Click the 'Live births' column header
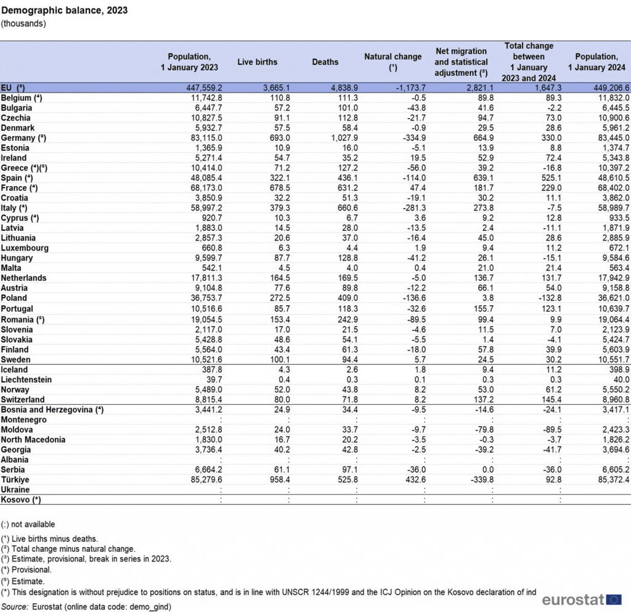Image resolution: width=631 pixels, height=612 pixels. pyautogui.click(x=257, y=62)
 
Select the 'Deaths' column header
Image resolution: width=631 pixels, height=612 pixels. pyautogui.click(x=325, y=62)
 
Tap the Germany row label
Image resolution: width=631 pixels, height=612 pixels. pyautogui.click(x=23, y=138)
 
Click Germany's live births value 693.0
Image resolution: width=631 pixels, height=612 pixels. pyautogui.click(x=280, y=138)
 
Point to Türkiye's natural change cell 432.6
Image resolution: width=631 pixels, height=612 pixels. pyautogui.click(x=415, y=480)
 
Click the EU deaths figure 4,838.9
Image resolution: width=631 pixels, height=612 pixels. pyautogui.click(x=344, y=88)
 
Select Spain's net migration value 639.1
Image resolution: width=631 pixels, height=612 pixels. pyautogui.click(x=483, y=178)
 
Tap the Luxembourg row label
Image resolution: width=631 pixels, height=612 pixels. pyautogui.click(x=25, y=248)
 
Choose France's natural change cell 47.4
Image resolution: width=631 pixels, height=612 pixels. pyautogui.click(x=418, y=188)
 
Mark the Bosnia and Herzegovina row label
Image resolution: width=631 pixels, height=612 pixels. pyautogui.click(x=52, y=410)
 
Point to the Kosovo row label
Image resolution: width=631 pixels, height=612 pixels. pyautogui.click(x=21, y=500)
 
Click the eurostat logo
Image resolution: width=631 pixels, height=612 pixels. pyautogui.click(x=582, y=600)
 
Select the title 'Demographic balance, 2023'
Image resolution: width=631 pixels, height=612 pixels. pyautogui.click(x=64, y=10)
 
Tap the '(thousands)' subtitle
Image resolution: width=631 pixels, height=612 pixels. pyautogui.click(x=23, y=24)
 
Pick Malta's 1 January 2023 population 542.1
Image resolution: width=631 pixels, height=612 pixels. pyautogui.click(x=212, y=268)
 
